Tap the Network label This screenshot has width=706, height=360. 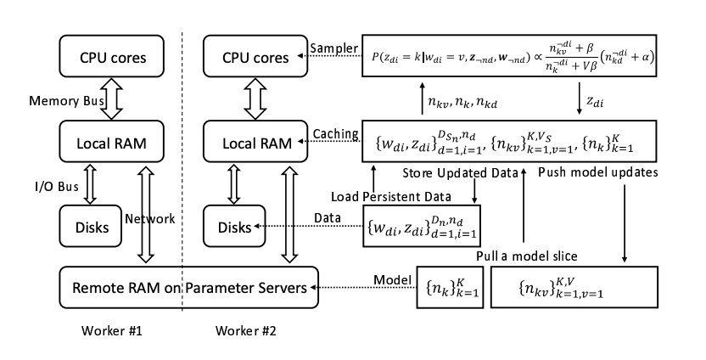click(x=150, y=218)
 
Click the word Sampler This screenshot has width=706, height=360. click(x=331, y=47)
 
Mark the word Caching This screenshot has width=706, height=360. click(x=333, y=133)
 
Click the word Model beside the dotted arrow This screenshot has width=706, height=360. click(x=392, y=278)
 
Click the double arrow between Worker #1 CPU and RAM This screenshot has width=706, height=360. click(x=113, y=99)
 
